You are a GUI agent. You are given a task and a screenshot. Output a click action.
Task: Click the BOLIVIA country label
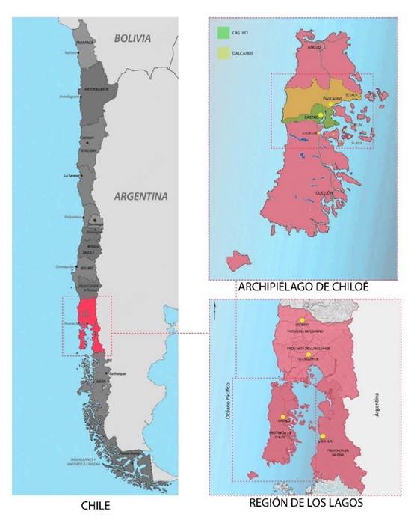point(132,37)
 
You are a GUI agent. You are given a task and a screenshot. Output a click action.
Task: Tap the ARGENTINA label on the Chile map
point(140,197)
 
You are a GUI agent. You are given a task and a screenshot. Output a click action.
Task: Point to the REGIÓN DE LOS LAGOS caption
point(306,504)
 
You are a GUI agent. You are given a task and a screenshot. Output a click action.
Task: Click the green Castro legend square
point(222,33)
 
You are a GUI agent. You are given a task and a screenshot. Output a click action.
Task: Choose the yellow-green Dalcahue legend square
point(222,53)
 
